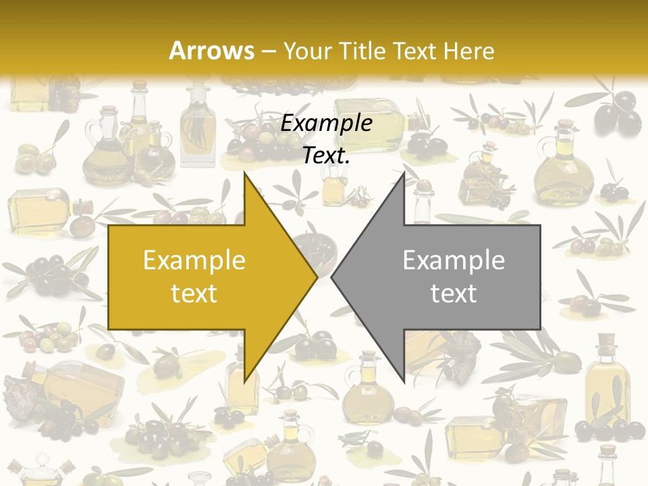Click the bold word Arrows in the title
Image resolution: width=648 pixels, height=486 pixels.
click(x=212, y=51)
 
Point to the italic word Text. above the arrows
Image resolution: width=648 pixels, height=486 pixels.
click(x=327, y=156)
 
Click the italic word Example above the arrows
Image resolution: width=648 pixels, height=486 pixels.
click(x=327, y=124)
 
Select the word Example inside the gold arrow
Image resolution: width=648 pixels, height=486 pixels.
click(x=194, y=261)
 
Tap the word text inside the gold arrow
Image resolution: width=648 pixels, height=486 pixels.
click(x=194, y=294)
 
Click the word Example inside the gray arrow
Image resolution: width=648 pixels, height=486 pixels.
click(x=454, y=261)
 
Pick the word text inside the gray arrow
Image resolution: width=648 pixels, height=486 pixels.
click(x=454, y=294)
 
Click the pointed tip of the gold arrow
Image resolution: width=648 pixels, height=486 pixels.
click(x=317, y=277)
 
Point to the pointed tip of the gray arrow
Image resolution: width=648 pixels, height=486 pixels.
click(x=331, y=277)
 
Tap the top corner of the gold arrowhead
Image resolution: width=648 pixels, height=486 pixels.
click(x=244, y=173)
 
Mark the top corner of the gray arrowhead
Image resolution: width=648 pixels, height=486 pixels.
click(x=404, y=173)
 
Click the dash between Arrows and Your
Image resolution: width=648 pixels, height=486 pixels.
click(x=268, y=52)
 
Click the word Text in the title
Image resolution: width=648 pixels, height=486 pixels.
click(x=418, y=51)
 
